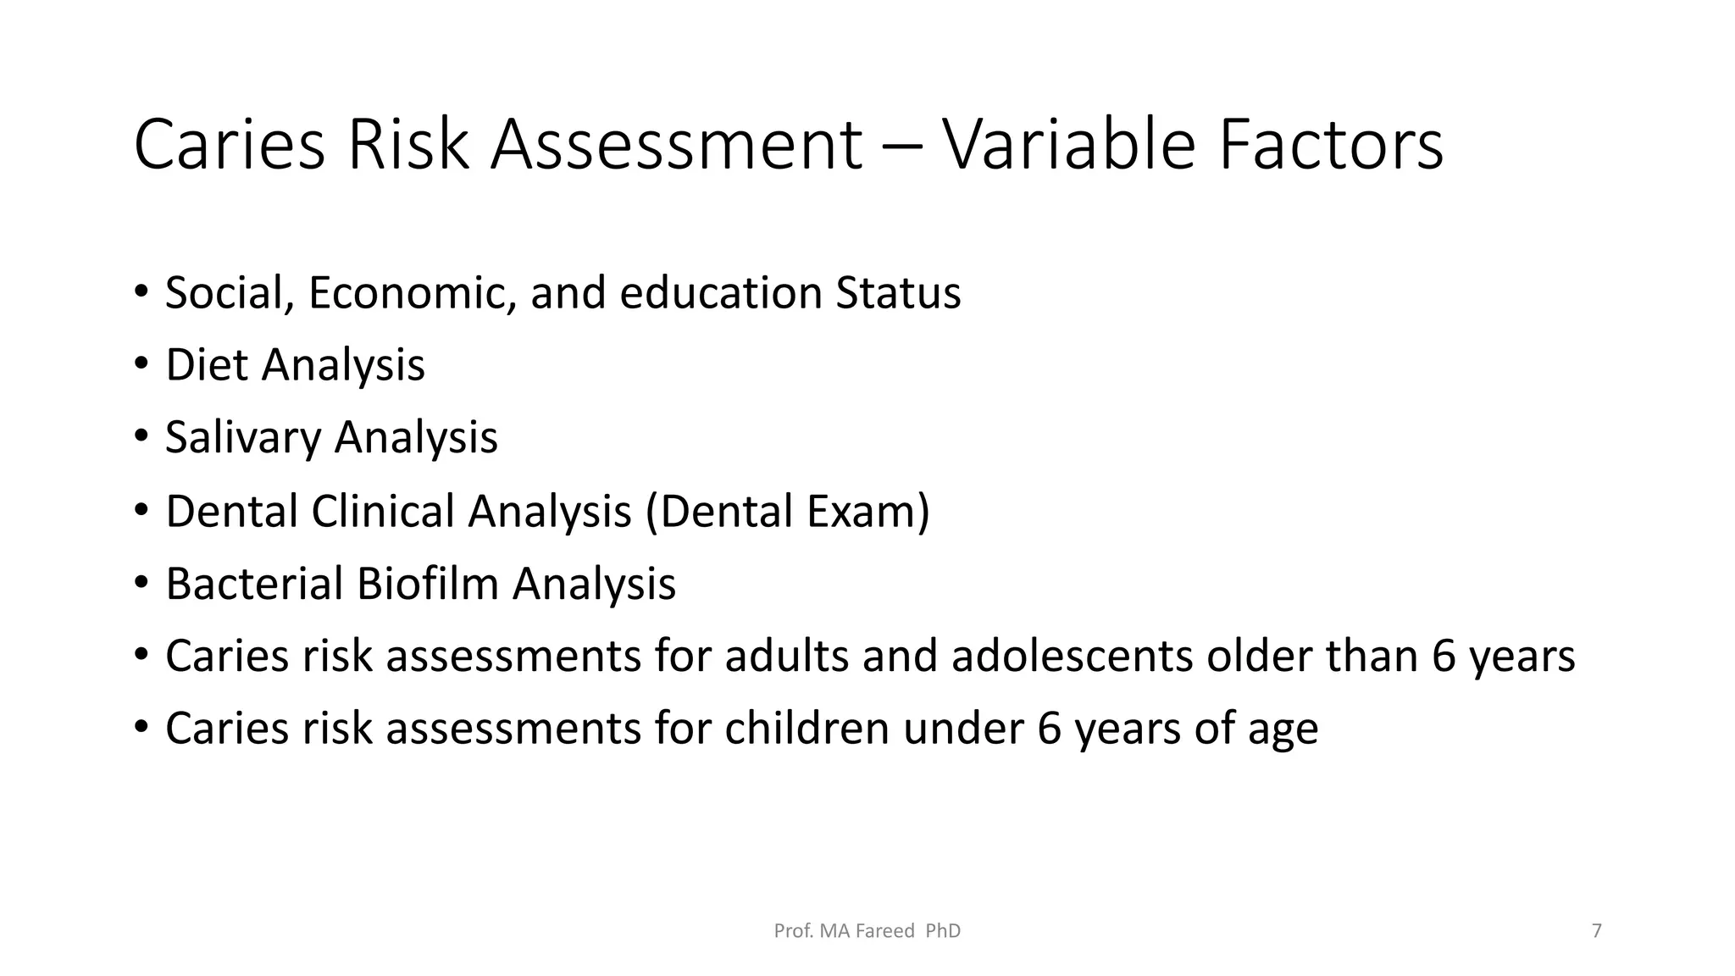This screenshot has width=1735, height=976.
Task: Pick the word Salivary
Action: pos(243,439)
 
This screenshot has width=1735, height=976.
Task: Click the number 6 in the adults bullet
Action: pos(1444,657)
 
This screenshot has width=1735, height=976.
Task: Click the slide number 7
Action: pos(1597,931)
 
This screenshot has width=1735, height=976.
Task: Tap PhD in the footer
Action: pos(943,931)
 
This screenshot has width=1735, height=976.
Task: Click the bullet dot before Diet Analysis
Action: pos(141,366)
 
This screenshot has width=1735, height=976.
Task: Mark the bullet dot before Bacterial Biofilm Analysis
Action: pos(141,585)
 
